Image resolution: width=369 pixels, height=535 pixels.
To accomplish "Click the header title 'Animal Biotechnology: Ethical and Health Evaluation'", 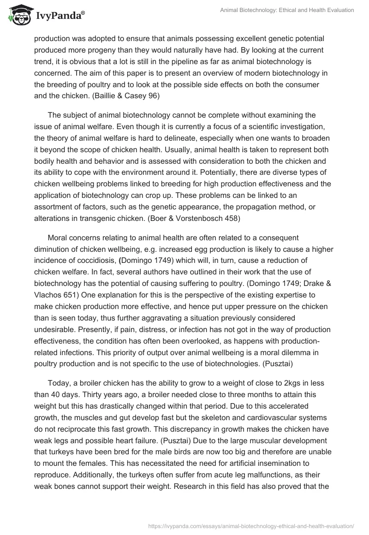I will point(286,10).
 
